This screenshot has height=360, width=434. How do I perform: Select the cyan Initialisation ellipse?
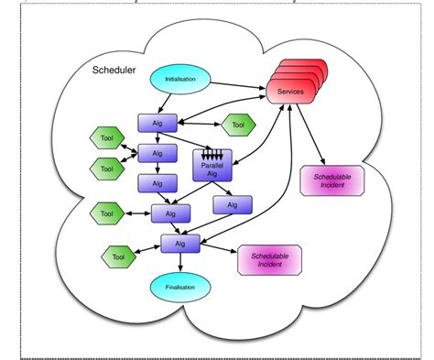point(179,80)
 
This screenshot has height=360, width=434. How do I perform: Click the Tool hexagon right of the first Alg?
point(237,124)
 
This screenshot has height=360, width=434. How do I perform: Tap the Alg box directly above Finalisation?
point(179,244)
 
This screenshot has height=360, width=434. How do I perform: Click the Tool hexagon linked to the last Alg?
point(118,257)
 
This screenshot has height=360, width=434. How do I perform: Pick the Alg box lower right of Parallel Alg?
point(233,204)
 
